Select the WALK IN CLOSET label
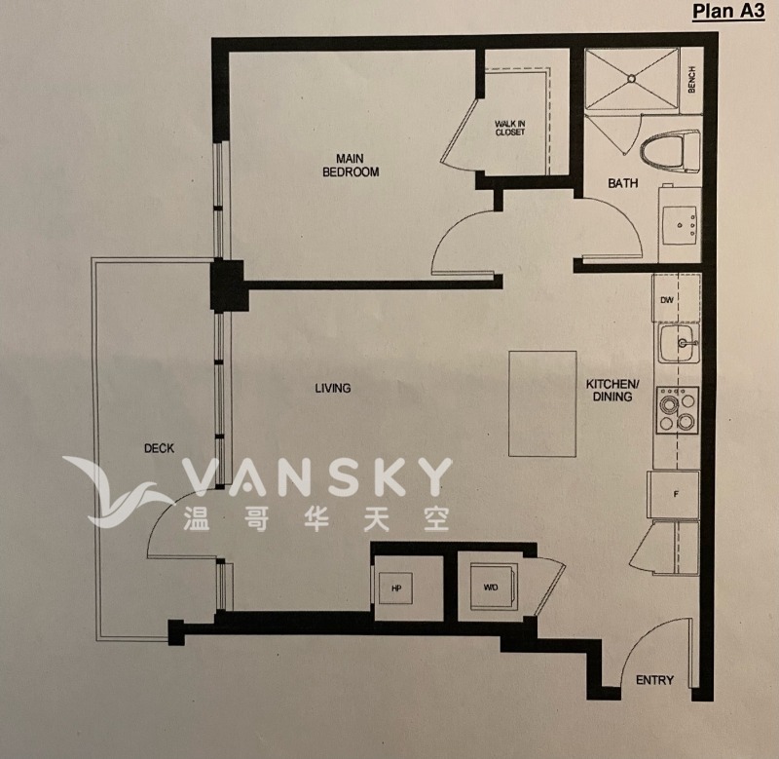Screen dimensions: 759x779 pos(509,128)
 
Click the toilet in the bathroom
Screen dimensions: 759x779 pos(670,151)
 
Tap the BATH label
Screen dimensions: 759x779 pos(622,183)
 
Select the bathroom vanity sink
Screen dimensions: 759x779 pos(680,225)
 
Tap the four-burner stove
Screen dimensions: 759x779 pos(679,409)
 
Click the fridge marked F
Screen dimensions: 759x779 pos(675,494)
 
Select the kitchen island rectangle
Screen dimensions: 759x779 pos(535,403)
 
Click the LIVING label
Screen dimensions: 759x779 pos(332,388)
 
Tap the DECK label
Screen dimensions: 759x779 pos(159,448)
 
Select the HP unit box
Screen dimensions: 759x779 pos(397,588)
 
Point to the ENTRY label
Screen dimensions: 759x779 pos(654,680)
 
